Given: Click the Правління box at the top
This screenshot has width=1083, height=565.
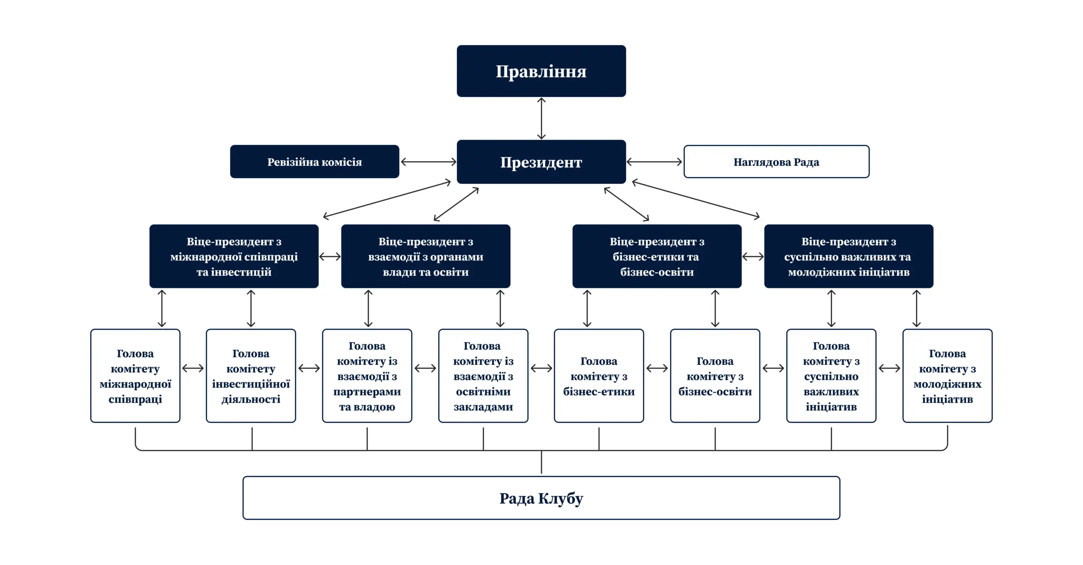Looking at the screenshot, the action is click(x=541, y=71).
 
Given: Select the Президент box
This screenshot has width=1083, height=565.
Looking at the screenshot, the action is click(x=541, y=162).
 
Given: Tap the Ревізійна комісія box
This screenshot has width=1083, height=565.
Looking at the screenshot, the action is click(x=314, y=162).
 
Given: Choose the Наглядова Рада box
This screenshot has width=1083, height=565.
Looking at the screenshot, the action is click(x=776, y=162).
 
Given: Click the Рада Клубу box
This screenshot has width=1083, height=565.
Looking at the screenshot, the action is click(x=541, y=498).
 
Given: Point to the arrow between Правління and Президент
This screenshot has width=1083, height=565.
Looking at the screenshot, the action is click(x=541, y=118).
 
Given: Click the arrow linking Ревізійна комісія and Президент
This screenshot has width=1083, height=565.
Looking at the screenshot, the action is click(x=428, y=162).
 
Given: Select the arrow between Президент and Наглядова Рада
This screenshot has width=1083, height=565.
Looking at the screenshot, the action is click(x=654, y=162).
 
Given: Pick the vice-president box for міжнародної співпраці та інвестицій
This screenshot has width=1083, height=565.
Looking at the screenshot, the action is click(x=234, y=256).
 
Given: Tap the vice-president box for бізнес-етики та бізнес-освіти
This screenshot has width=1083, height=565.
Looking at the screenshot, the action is click(x=657, y=256).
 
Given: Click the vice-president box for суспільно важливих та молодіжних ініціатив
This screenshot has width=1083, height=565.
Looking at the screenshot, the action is click(x=849, y=256).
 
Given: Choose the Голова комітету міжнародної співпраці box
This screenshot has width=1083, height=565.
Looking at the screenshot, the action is click(x=135, y=376).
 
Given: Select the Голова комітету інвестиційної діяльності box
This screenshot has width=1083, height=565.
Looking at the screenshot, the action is click(x=251, y=376).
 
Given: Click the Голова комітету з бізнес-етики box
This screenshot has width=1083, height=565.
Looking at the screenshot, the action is click(x=599, y=376).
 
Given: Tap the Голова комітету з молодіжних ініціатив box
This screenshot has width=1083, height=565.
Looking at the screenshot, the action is click(x=947, y=376).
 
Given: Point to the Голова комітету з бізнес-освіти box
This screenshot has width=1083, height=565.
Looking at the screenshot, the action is click(x=715, y=376).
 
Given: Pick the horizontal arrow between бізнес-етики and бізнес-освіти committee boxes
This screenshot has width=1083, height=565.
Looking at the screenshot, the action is click(x=657, y=368).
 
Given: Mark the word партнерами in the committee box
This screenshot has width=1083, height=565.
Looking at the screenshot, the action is click(x=367, y=392).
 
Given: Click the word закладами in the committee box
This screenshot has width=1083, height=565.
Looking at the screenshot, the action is click(x=483, y=407).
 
